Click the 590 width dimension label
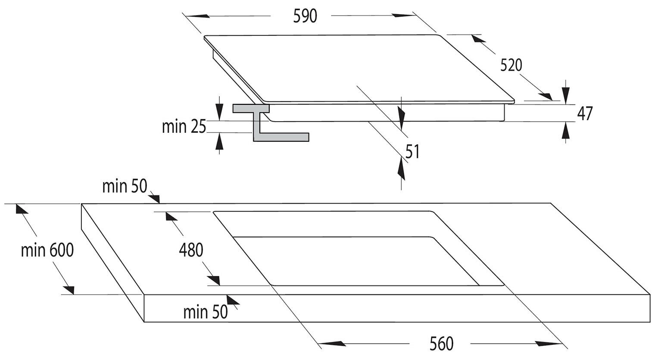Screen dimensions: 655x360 305,16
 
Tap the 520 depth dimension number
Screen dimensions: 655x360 511,65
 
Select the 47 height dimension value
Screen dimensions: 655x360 585,113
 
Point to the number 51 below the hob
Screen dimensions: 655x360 412,151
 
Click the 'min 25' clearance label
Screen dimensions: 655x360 184,127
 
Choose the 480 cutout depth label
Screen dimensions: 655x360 191,250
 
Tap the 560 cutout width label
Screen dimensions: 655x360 442,344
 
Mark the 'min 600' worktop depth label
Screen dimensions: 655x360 47,250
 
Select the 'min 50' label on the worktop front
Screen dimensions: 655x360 206,312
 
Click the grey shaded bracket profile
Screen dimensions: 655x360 271,123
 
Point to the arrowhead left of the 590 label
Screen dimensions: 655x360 198,16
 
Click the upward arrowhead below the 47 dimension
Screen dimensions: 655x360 566,131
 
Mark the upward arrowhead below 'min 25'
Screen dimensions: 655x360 219,141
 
